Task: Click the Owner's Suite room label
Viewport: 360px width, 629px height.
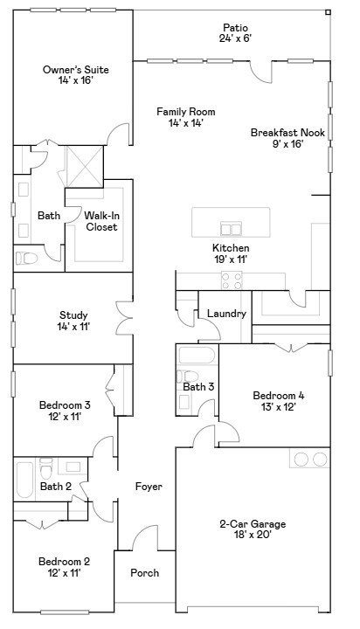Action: pyautogui.click(x=68, y=74)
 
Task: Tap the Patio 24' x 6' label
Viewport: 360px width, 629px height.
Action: pyautogui.click(x=236, y=33)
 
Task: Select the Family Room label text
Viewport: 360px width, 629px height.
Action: pyautogui.click(x=185, y=117)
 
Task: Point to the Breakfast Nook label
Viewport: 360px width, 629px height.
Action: pyautogui.click(x=287, y=138)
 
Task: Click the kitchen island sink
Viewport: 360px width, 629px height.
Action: pyautogui.click(x=231, y=229)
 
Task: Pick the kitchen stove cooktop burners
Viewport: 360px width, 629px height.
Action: pyautogui.click(x=232, y=280)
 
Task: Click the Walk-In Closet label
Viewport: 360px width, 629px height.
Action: pyautogui.click(x=101, y=221)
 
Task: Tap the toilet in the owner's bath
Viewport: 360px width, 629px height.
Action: pyautogui.click(x=26, y=258)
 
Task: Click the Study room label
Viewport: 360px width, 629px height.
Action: pyautogui.click(x=74, y=321)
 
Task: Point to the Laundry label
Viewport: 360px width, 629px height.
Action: pyautogui.click(x=226, y=314)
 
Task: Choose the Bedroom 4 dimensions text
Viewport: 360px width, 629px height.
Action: pyautogui.click(x=278, y=406)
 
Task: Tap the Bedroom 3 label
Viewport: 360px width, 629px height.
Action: pyautogui.click(x=65, y=411)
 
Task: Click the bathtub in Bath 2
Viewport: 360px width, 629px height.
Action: pyautogui.click(x=24, y=478)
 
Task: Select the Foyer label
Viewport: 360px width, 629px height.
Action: pyautogui.click(x=149, y=486)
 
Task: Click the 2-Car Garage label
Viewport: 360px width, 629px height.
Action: pyautogui.click(x=252, y=529)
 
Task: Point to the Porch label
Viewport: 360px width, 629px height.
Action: pyautogui.click(x=145, y=573)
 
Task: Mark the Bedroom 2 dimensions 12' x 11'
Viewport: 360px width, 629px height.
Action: pyautogui.click(x=64, y=573)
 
